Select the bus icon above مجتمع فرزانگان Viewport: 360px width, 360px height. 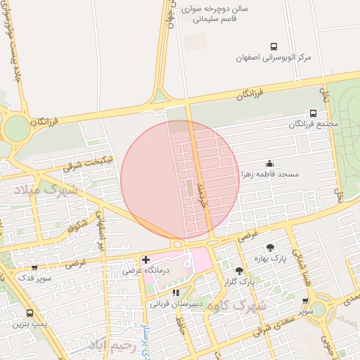(x=313, y=112)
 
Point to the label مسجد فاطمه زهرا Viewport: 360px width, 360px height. (x=270, y=173)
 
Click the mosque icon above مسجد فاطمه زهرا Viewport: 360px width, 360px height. (x=270, y=162)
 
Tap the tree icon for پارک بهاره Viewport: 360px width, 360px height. (x=271, y=247)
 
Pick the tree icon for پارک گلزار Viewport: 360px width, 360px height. (x=240, y=270)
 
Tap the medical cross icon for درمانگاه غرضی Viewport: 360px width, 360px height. (x=146, y=260)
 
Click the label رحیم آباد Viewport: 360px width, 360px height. (x=111, y=345)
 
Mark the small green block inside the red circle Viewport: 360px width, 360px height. (x=188, y=188)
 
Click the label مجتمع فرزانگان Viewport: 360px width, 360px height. (x=314, y=124)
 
